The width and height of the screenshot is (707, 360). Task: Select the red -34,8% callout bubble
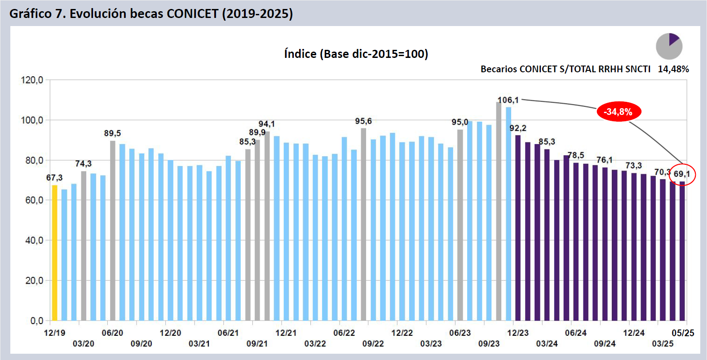[x=619, y=112]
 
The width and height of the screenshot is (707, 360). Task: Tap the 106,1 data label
[x=508, y=100]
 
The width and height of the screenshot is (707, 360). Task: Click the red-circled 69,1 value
[x=682, y=174]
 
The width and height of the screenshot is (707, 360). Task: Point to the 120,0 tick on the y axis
[x=32, y=80]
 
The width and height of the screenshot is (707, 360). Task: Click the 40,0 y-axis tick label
[x=34, y=241]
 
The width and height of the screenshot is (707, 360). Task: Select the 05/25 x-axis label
[x=683, y=333]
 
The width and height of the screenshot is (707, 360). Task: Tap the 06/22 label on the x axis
[x=344, y=333]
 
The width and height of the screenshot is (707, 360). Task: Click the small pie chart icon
[x=669, y=46]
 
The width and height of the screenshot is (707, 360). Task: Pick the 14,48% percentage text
[x=673, y=69]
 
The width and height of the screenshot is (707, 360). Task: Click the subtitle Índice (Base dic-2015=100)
[x=356, y=54]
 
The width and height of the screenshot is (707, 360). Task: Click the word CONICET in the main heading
[x=192, y=14]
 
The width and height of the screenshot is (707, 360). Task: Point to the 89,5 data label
[x=112, y=133]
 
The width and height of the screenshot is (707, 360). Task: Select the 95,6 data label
[x=363, y=121]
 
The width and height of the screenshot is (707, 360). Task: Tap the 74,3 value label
[x=84, y=164]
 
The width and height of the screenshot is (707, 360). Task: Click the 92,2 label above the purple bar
[x=518, y=128]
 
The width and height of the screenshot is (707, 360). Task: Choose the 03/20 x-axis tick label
[x=84, y=344]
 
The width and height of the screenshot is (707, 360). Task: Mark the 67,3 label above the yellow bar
[x=54, y=178]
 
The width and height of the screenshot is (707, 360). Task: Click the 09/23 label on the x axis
[x=489, y=344]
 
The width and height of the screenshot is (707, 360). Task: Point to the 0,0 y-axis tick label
[x=37, y=321]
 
